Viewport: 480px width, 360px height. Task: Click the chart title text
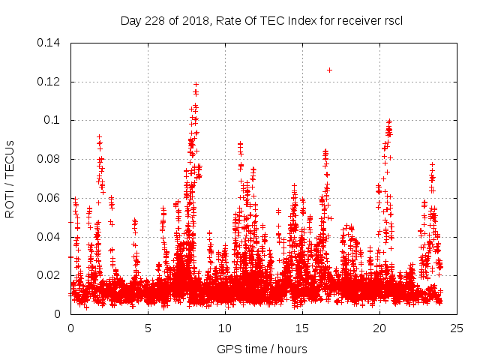261,20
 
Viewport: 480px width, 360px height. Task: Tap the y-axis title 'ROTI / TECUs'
10,178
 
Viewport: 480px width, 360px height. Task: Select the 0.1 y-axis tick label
55,120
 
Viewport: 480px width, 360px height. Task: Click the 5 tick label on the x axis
148,328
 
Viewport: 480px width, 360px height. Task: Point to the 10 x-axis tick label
225,328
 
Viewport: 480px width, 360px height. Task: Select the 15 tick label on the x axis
302,328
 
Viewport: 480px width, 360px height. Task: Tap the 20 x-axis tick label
379,328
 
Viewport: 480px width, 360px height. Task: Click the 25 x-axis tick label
457,328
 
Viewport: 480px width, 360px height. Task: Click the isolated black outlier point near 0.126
329,70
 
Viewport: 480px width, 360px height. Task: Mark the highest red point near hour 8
196,84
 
